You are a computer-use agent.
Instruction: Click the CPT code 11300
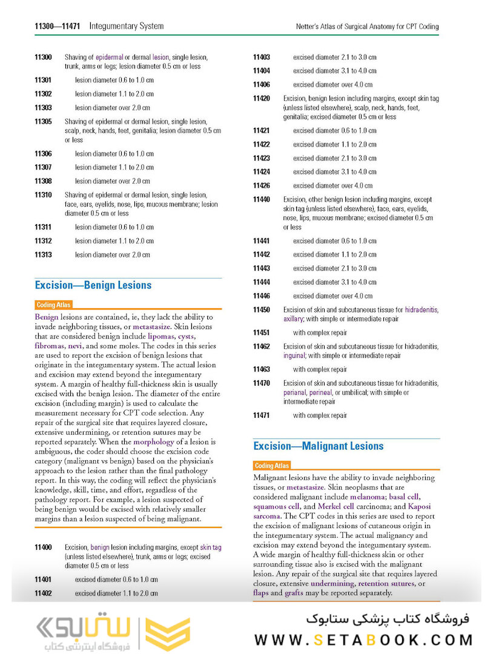(x=43, y=57)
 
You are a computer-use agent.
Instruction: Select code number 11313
(x=43, y=255)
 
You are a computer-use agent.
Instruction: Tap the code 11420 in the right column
(x=262, y=98)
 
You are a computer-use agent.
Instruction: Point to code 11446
(x=262, y=296)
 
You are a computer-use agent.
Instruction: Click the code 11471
(x=262, y=415)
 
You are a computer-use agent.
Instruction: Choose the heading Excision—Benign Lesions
(x=93, y=285)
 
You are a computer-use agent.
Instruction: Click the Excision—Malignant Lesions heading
(x=318, y=446)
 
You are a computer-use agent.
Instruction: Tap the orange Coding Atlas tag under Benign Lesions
(x=54, y=305)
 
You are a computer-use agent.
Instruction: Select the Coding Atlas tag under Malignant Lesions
(x=272, y=466)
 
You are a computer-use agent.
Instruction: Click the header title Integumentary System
(x=126, y=26)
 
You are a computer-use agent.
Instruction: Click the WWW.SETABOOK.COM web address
(x=363, y=639)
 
